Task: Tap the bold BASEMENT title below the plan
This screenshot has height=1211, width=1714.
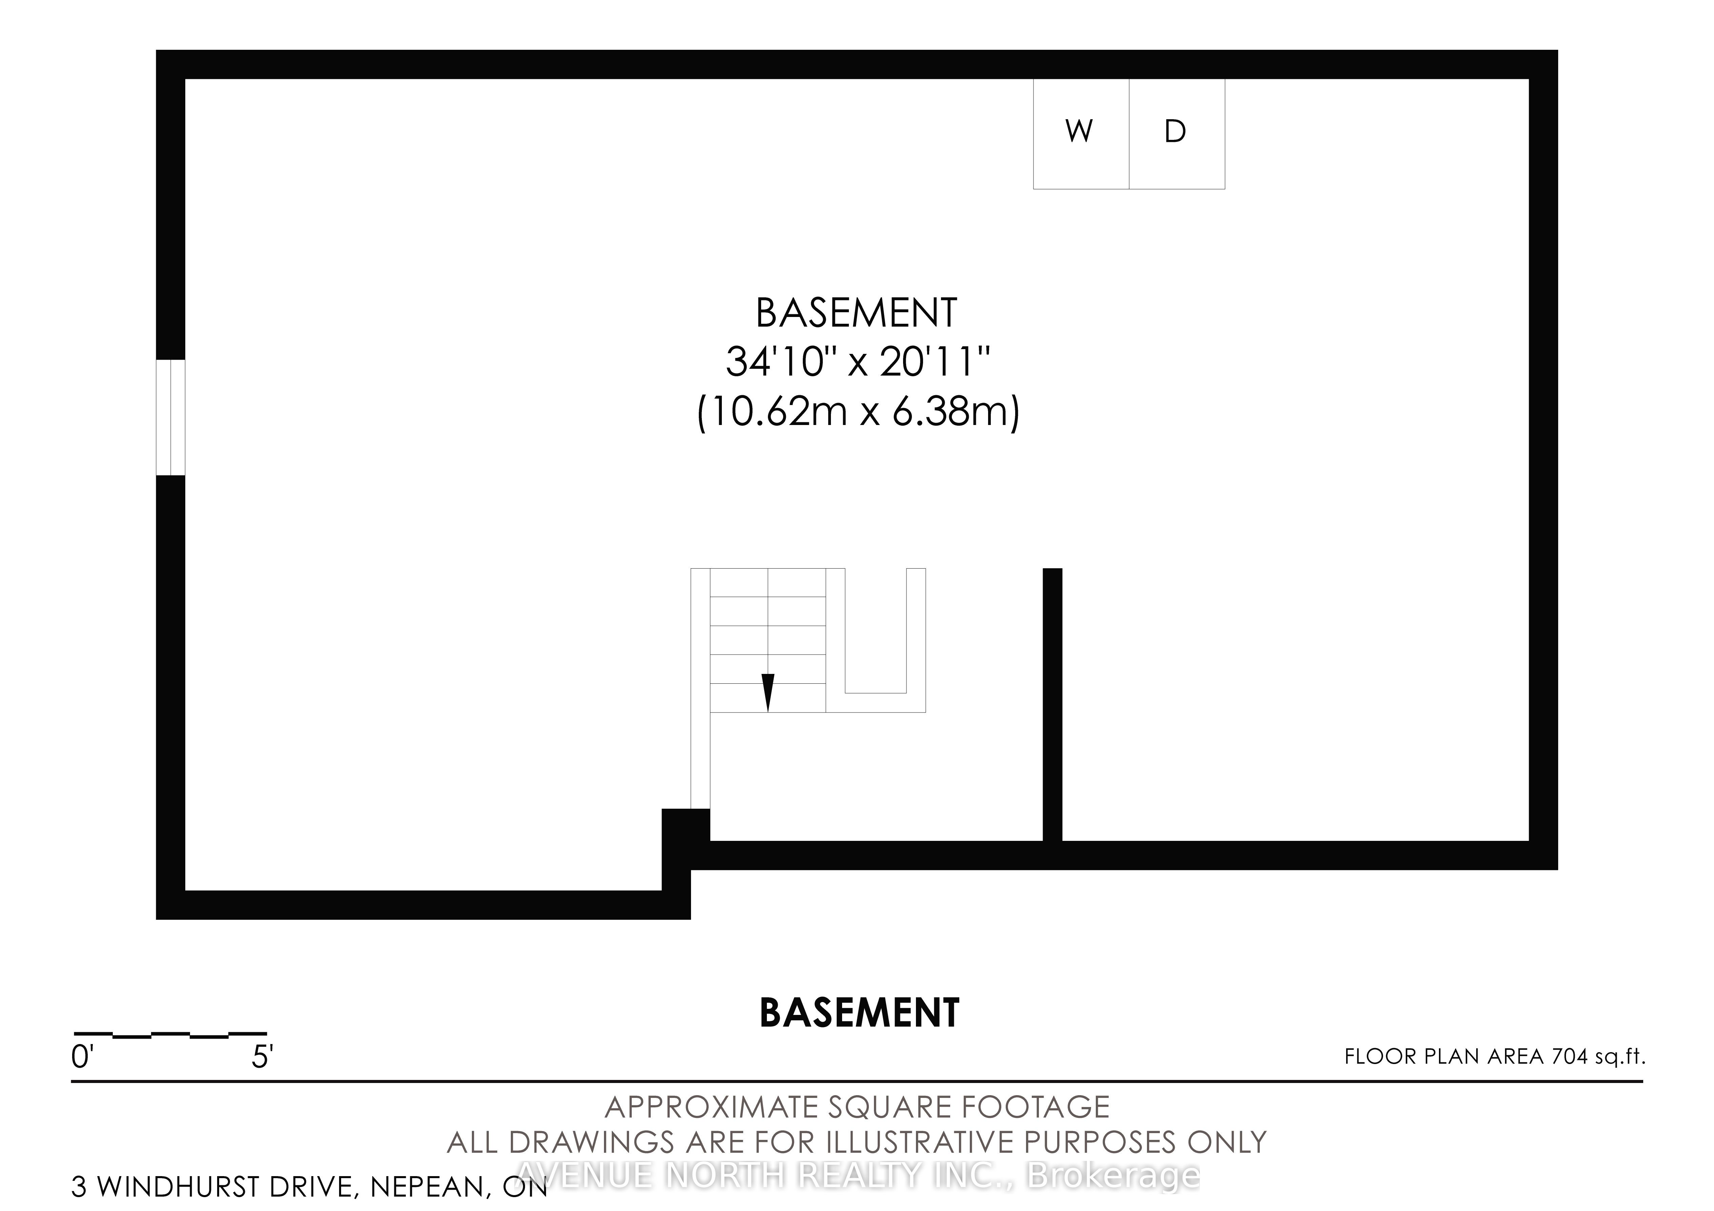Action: (858, 1013)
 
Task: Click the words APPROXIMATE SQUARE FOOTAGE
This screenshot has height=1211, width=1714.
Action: (857, 1107)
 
